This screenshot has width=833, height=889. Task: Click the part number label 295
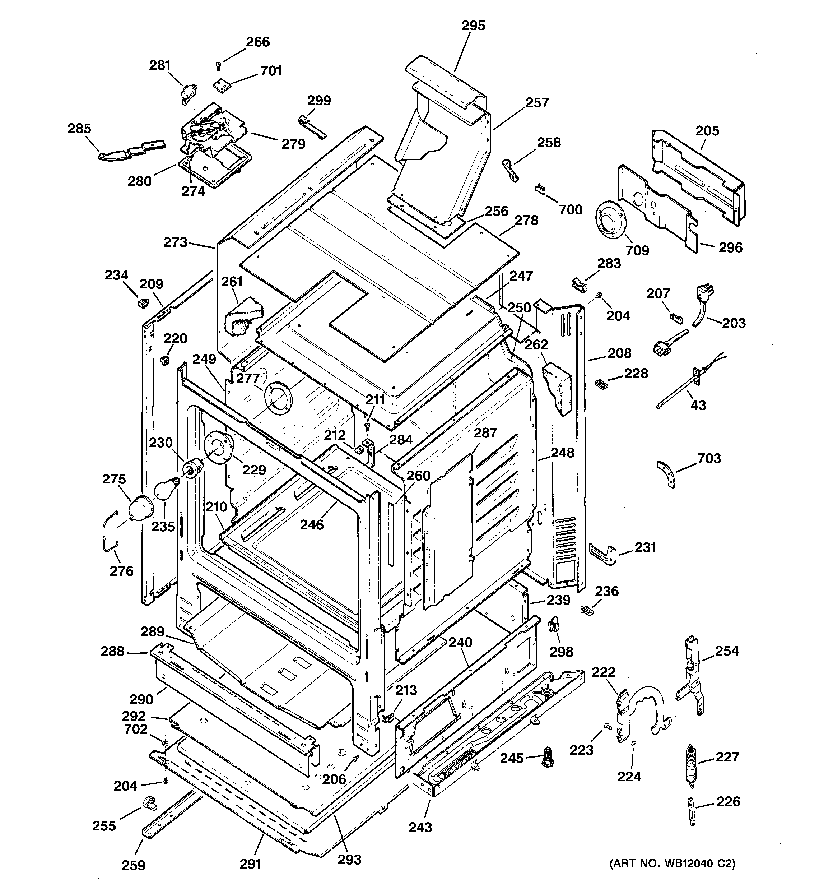tap(473, 26)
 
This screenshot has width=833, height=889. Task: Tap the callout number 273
tap(175, 242)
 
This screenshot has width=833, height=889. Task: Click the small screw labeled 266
tap(219, 66)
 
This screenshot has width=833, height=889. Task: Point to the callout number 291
tap(250, 864)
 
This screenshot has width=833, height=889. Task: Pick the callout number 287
tap(485, 432)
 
